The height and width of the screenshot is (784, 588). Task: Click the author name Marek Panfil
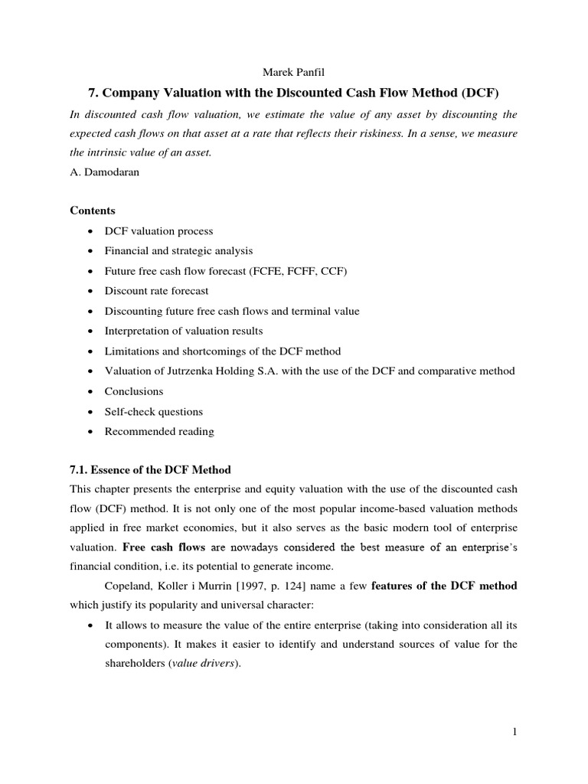point(293,73)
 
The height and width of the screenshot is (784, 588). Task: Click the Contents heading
point(93,210)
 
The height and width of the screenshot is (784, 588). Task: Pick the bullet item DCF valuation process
point(158,230)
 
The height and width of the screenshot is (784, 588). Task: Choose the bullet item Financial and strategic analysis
point(178,250)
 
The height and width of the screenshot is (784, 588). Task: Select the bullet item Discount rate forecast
point(156,291)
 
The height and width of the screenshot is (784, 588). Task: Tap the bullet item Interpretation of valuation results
point(184,331)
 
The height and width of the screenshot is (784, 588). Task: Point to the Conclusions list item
point(134,391)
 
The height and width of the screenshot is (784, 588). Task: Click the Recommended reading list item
point(159,431)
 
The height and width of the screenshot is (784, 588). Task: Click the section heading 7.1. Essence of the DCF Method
point(150,469)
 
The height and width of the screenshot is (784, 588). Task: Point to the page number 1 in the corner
point(515,732)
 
